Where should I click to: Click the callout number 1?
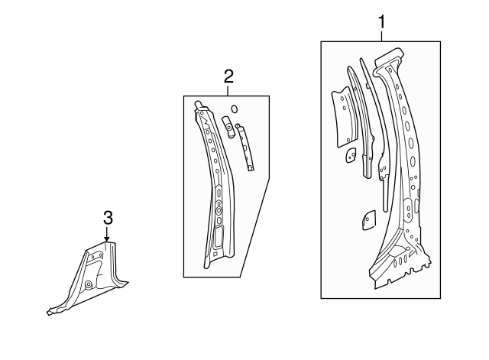tap(381, 22)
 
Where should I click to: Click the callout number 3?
tap(108, 218)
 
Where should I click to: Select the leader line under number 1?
tap(381, 36)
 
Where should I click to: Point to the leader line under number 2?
tap(228, 89)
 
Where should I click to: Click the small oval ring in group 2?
tap(234, 109)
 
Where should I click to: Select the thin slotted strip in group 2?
tap(245, 146)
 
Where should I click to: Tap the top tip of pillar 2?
tap(199, 104)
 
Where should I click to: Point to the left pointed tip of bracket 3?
tap(50, 311)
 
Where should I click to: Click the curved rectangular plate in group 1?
tap(342, 115)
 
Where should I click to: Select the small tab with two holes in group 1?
tap(349, 154)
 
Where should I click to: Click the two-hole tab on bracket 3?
tap(97, 257)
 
